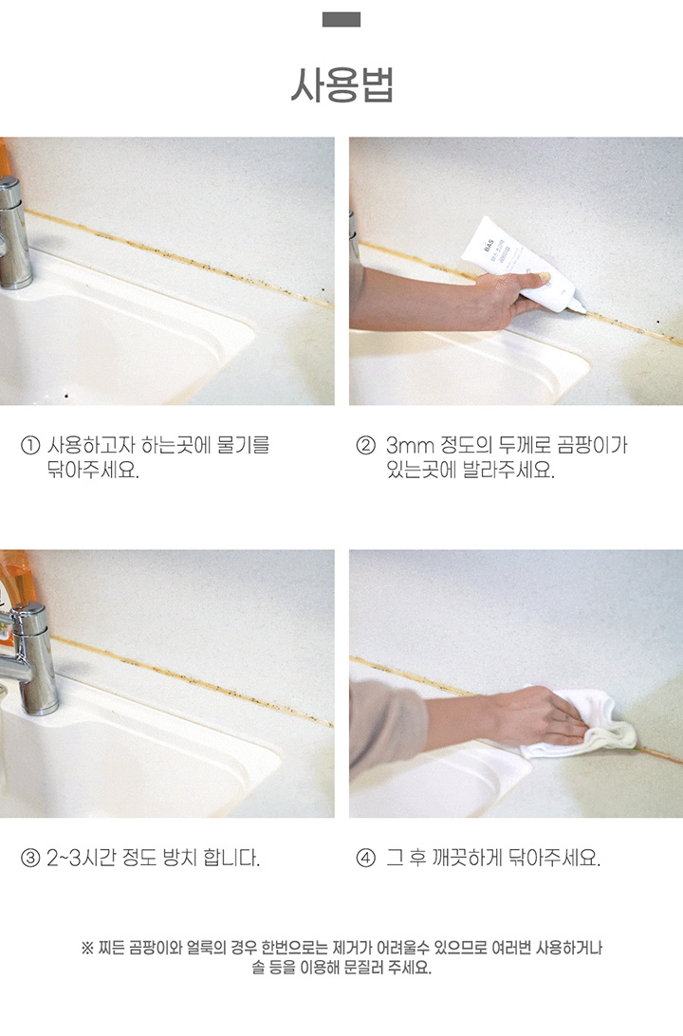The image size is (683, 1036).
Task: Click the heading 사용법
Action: click(341, 85)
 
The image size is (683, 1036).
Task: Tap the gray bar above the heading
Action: click(341, 20)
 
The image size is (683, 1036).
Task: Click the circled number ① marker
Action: click(30, 445)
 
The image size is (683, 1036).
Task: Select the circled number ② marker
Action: click(365, 445)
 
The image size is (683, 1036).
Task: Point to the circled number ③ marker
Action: click(30, 859)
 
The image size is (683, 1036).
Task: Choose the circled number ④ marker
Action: click(365, 859)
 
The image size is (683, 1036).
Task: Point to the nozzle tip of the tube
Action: click(582, 310)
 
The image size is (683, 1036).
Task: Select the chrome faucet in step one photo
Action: click(13, 234)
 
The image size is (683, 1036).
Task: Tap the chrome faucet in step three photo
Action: click(29, 660)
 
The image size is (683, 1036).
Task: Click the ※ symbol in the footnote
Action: click(87, 948)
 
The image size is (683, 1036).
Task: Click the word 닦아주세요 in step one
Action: click(92, 471)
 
